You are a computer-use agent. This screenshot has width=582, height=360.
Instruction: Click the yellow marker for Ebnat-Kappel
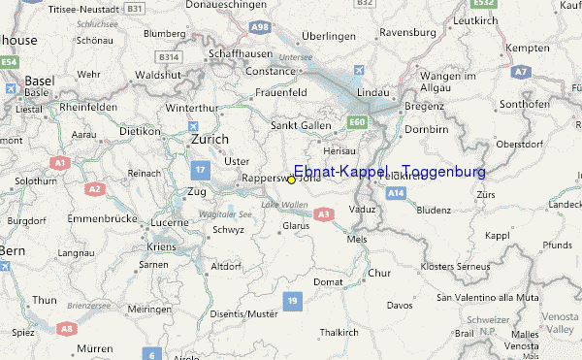[292, 180]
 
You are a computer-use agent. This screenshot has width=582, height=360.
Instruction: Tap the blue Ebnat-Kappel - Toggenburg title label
[389, 172]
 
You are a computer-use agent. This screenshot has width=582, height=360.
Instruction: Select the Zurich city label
[210, 140]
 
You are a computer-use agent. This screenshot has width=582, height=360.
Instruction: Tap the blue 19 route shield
[293, 303]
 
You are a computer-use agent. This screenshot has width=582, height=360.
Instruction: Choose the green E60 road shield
[356, 122]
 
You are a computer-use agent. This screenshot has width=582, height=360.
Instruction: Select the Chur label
[378, 273]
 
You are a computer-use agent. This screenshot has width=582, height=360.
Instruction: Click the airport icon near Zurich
[195, 127]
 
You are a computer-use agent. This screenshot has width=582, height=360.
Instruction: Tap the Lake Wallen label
[283, 204]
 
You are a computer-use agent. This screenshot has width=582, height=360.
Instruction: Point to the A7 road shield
[521, 72]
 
